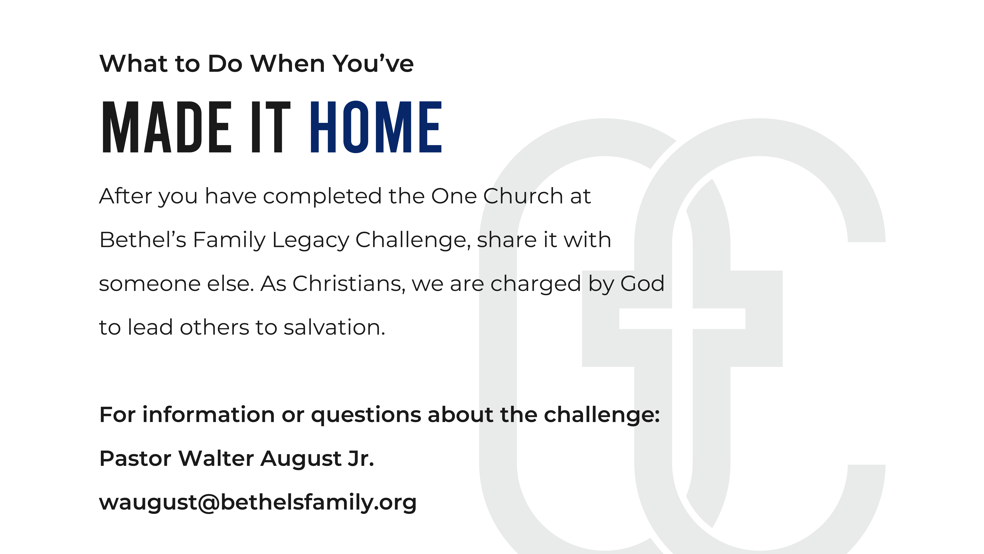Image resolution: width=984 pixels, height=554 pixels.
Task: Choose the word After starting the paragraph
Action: click(x=126, y=196)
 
